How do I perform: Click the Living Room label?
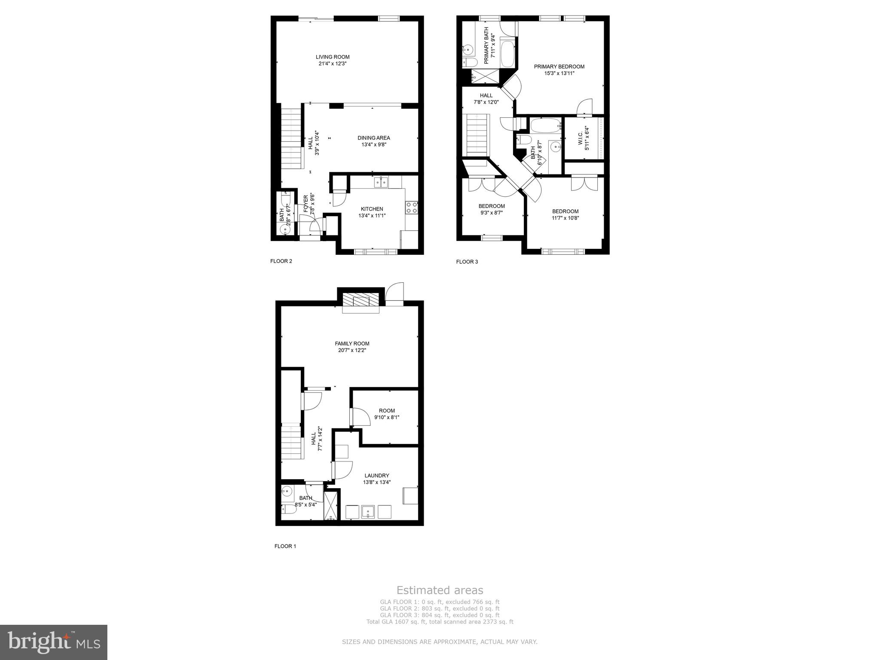(333, 57)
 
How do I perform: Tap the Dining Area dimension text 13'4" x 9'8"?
(374, 145)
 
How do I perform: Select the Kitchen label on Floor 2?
(372, 209)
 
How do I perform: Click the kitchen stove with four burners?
(412, 208)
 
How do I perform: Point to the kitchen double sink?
(381, 182)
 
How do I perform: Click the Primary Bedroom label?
(559, 67)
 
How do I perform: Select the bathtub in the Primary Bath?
(507, 53)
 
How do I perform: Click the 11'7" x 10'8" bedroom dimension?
(565, 218)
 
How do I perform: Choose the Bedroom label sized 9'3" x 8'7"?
(492, 206)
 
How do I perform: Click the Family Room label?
(352, 343)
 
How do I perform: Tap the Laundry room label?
(377, 475)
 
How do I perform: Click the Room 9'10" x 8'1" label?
(387, 410)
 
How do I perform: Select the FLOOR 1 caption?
(285, 546)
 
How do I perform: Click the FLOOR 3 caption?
(467, 262)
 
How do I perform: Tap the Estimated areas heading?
(440, 590)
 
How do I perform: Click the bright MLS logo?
(54, 642)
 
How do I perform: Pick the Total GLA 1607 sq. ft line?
(440, 622)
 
